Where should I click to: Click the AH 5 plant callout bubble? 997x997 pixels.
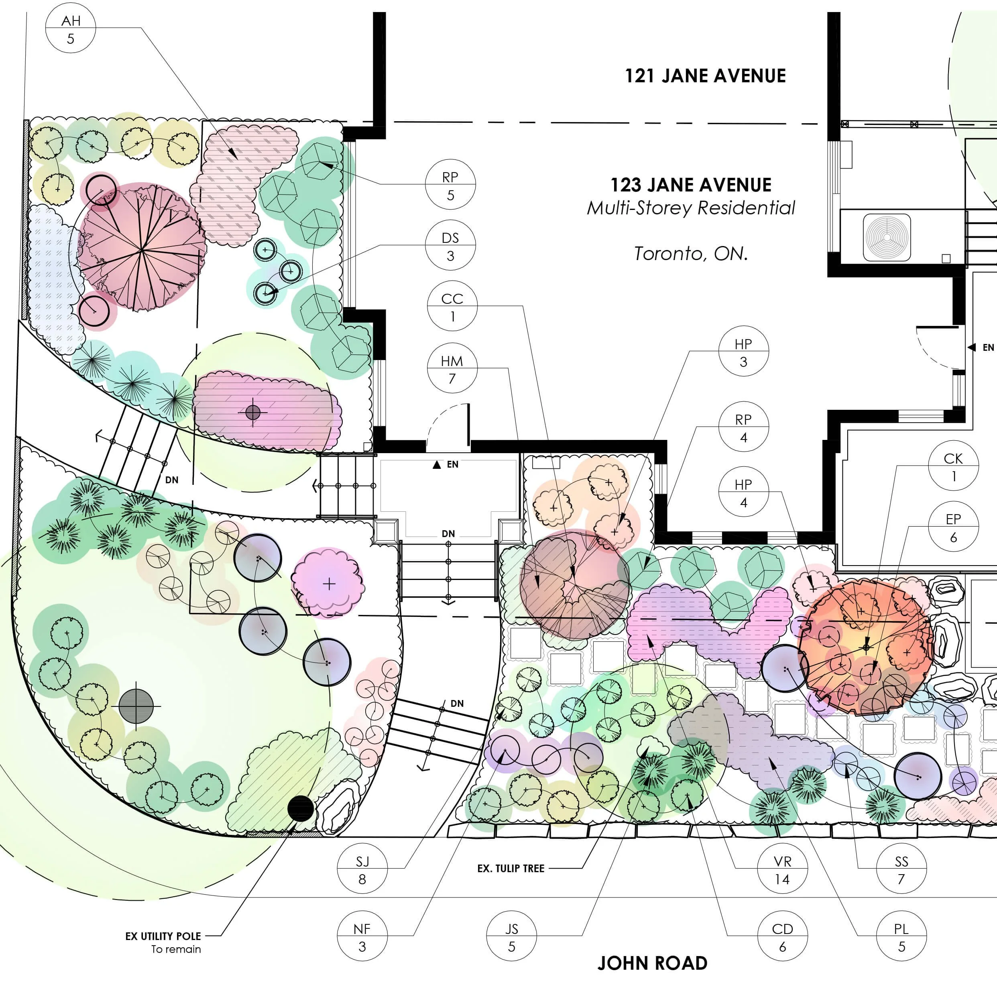[x=71, y=29]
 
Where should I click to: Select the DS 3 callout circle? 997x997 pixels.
[x=450, y=247]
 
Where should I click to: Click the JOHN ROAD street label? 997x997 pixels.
[x=652, y=963]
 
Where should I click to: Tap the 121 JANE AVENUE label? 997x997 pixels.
[x=705, y=76]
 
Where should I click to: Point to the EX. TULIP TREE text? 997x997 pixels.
[x=511, y=869]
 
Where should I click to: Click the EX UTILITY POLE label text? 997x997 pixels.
[x=163, y=936]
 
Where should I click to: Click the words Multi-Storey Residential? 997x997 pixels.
[x=691, y=208]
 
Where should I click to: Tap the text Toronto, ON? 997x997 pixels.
[x=690, y=253]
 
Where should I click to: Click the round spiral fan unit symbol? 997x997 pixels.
[x=887, y=237]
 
